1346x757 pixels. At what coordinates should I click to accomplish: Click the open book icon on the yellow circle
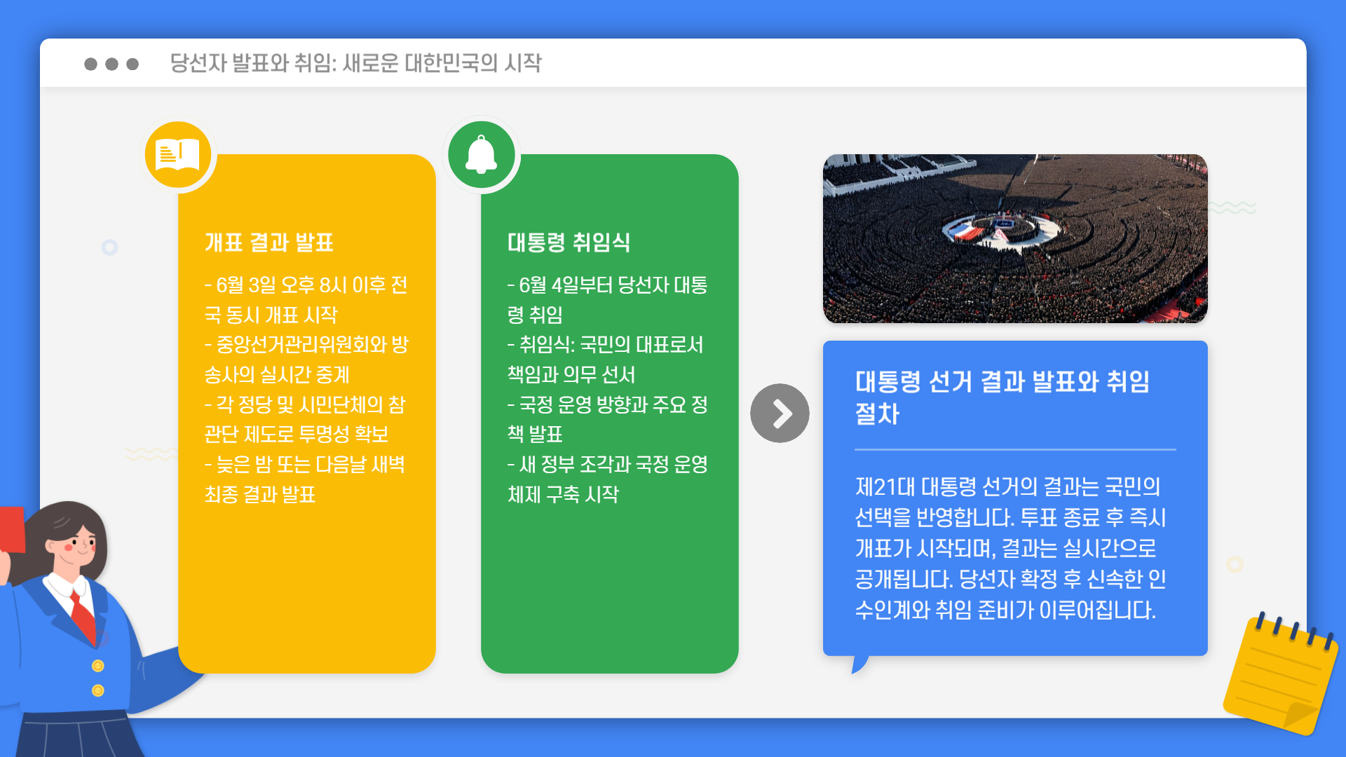(177, 154)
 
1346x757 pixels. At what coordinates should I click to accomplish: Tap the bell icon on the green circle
(482, 154)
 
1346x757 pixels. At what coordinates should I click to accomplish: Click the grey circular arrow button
(780, 413)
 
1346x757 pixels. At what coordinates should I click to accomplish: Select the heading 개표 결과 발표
(268, 243)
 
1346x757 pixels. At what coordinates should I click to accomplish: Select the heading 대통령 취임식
(569, 243)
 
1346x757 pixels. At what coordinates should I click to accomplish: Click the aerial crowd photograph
(1014, 238)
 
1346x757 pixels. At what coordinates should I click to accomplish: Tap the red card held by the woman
(12, 529)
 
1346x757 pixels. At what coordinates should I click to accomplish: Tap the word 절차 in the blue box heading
(877, 414)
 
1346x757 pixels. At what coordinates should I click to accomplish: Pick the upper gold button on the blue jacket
(98, 666)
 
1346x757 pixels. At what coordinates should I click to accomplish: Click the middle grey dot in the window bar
(111, 64)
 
